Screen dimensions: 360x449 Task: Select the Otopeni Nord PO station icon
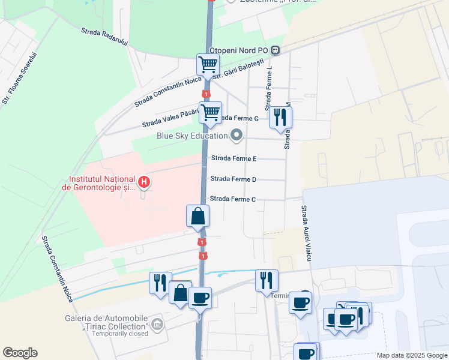pos(276,50)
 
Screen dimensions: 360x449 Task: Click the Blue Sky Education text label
pos(192,136)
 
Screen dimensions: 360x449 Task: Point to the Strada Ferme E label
pos(234,158)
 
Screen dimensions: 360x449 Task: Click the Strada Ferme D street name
pos(234,179)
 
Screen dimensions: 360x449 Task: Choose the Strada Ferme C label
pos(234,199)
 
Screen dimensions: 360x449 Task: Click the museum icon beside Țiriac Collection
pos(157,325)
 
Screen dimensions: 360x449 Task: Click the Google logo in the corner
pos(20,352)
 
